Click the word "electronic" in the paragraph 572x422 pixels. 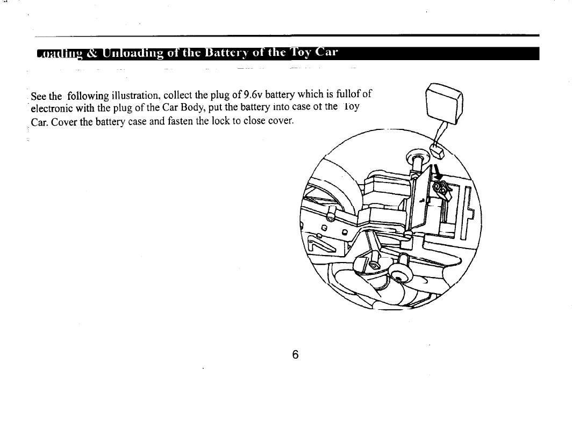(51, 107)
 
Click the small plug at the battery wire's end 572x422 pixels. (438, 152)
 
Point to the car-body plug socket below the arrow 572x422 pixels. (442, 187)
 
